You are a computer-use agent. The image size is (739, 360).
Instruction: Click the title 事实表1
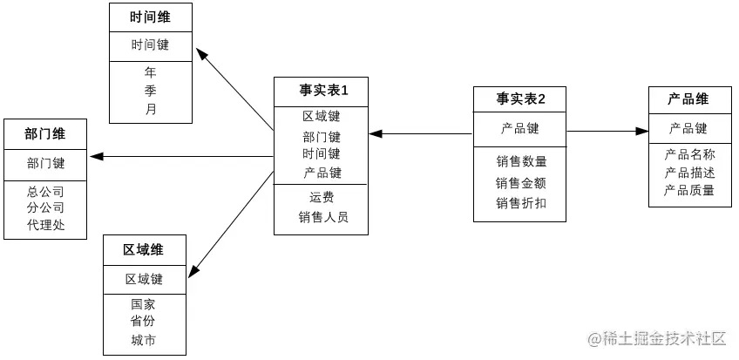click(322, 90)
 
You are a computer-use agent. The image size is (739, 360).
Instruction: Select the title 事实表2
click(520, 99)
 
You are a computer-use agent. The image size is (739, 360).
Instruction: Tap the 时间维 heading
click(150, 17)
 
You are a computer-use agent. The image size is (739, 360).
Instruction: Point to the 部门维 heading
click(45, 133)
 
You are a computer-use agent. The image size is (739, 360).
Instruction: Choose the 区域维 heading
click(144, 250)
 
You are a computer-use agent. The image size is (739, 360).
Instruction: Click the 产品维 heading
click(688, 99)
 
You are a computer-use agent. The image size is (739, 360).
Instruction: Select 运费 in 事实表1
click(322, 197)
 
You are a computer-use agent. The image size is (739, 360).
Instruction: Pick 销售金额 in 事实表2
click(520, 182)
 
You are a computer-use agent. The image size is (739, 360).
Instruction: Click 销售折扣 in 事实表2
click(520, 203)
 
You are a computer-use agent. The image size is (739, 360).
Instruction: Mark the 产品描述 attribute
click(688, 172)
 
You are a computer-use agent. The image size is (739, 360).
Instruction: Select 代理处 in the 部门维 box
click(45, 225)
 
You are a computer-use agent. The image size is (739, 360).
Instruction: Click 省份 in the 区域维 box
click(144, 322)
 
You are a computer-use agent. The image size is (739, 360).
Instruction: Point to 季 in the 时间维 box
click(151, 90)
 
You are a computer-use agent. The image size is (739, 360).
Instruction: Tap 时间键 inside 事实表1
click(322, 153)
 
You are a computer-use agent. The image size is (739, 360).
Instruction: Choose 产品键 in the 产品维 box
click(688, 128)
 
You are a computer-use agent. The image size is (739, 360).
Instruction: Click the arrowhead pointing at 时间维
click(202, 54)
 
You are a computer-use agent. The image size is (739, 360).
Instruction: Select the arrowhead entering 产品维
click(642, 132)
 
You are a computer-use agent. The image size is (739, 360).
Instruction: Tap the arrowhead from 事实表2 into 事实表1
click(376, 134)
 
